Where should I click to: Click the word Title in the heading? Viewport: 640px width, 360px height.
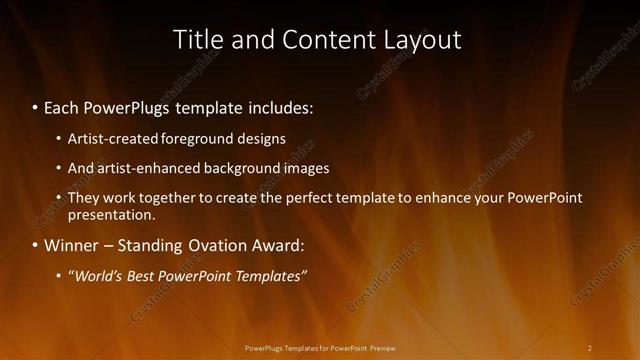click(198, 40)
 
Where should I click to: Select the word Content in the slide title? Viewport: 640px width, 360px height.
click(318, 40)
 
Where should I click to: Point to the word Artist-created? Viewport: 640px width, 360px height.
click(113, 139)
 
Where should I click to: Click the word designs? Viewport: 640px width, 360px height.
click(261, 139)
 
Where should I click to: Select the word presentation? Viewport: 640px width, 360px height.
click(111, 214)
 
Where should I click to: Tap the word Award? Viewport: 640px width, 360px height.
click(276, 245)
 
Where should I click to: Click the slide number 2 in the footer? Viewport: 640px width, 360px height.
click(589, 348)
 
